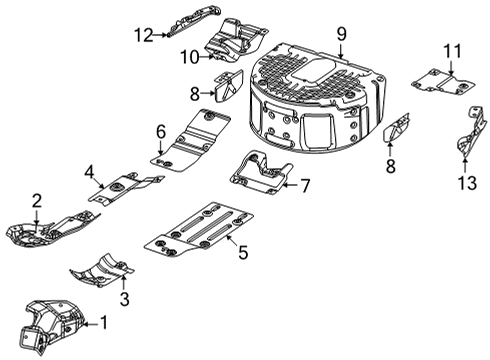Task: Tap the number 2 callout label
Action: click(37, 201)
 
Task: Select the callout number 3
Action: click(123, 299)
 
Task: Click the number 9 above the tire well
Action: click(341, 34)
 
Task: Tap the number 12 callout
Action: click(141, 35)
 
